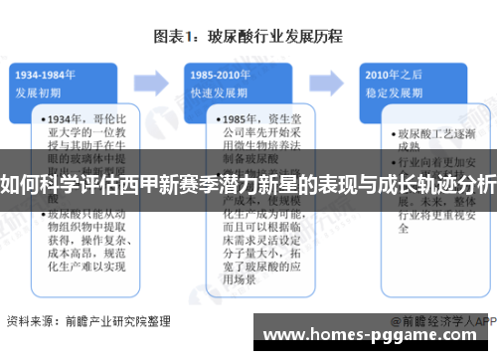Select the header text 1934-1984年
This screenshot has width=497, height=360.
pos(47,74)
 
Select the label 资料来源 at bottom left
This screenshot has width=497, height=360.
pos(30,321)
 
